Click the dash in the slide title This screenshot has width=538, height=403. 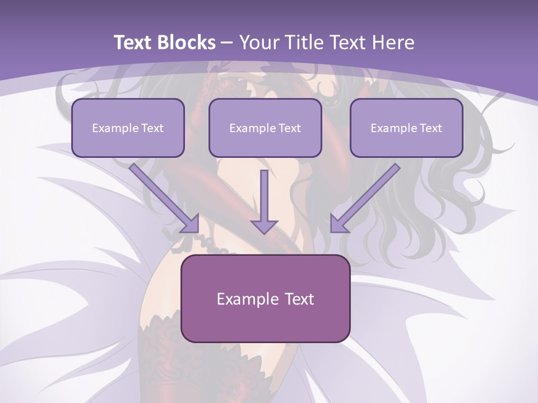(227, 43)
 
